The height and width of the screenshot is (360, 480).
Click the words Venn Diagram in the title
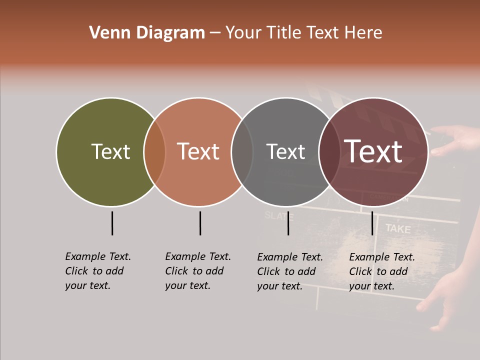click(x=147, y=32)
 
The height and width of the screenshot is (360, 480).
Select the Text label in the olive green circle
click(x=110, y=151)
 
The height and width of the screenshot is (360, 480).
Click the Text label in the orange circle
click(x=198, y=151)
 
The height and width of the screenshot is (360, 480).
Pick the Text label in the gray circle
click(x=285, y=151)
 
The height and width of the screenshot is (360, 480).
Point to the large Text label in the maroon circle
click(x=373, y=151)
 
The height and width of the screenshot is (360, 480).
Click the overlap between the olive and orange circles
click(x=154, y=152)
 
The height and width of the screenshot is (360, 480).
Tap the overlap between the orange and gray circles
click(x=242, y=152)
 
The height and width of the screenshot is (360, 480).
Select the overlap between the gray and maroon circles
click(x=329, y=152)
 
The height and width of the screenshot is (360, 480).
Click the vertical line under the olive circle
click(x=112, y=223)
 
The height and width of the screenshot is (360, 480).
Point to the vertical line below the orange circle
click(x=200, y=223)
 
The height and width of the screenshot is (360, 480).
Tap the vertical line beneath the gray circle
click(x=288, y=223)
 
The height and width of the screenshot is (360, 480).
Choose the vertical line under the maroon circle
click(x=372, y=223)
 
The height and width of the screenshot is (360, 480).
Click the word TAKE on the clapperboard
click(x=398, y=229)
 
